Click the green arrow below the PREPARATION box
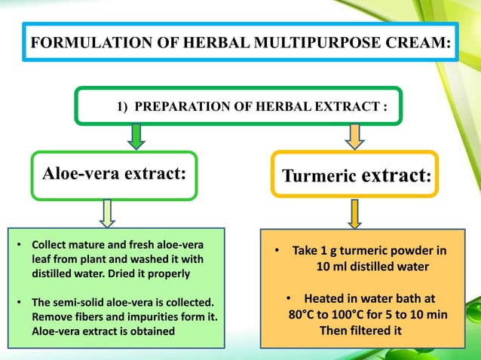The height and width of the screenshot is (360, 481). (136, 136)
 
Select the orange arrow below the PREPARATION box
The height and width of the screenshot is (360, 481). (354, 136)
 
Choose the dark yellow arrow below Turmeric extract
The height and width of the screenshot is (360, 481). (354, 212)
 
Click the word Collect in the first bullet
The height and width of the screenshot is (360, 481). (49, 246)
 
